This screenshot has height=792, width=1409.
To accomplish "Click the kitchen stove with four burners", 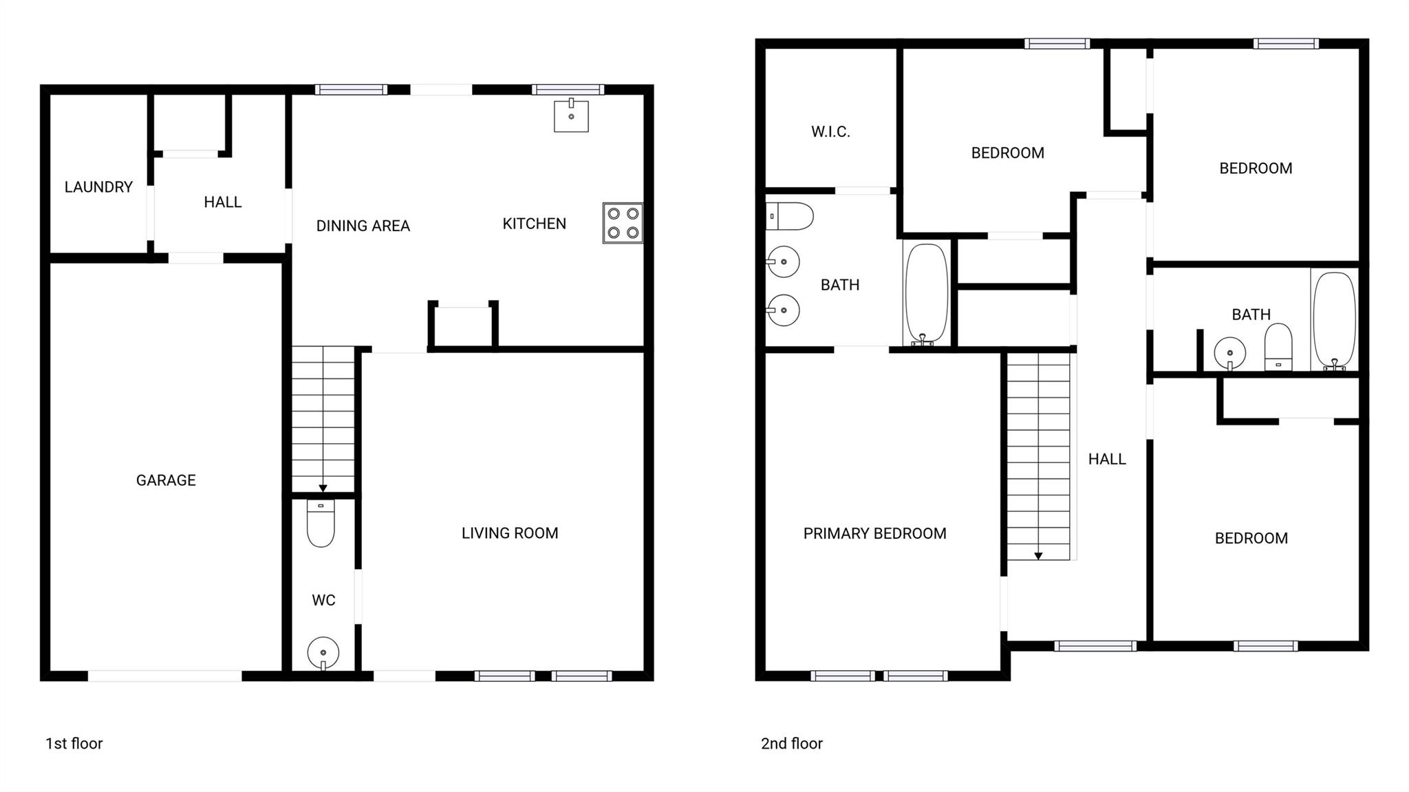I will tap(623, 223).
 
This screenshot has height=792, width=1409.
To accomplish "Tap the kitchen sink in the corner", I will tap(571, 116).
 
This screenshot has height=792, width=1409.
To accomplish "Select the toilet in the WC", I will tap(321, 524).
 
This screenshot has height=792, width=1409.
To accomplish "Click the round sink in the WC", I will tap(323, 652).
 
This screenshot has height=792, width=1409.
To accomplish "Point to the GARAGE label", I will tap(166, 480).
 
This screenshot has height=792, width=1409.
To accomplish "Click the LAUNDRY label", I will tap(98, 187).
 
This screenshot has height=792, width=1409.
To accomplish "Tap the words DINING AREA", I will tap(363, 226).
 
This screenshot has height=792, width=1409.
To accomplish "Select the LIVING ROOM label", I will tap(510, 533).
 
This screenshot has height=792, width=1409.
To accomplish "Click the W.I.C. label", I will tap(830, 132).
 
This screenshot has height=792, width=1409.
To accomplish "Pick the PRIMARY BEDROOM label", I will tap(874, 533).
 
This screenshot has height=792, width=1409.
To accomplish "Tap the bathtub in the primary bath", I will tap(926, 293).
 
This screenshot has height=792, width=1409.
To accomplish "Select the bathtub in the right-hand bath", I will tap(1334, 321).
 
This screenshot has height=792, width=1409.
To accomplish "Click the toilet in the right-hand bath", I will tap(1278, 347).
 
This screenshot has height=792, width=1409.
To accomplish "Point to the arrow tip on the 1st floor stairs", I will tap(323, 489).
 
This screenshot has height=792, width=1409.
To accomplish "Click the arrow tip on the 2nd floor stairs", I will tap(1038, 556).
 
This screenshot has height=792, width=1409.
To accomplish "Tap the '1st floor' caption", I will tap(74, 744).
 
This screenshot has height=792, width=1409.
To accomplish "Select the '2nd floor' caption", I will tap(791, 744).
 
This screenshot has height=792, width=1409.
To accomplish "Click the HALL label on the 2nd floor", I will tap(1107, 459).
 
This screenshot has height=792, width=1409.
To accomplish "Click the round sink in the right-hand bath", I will tap(1229, 354).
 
